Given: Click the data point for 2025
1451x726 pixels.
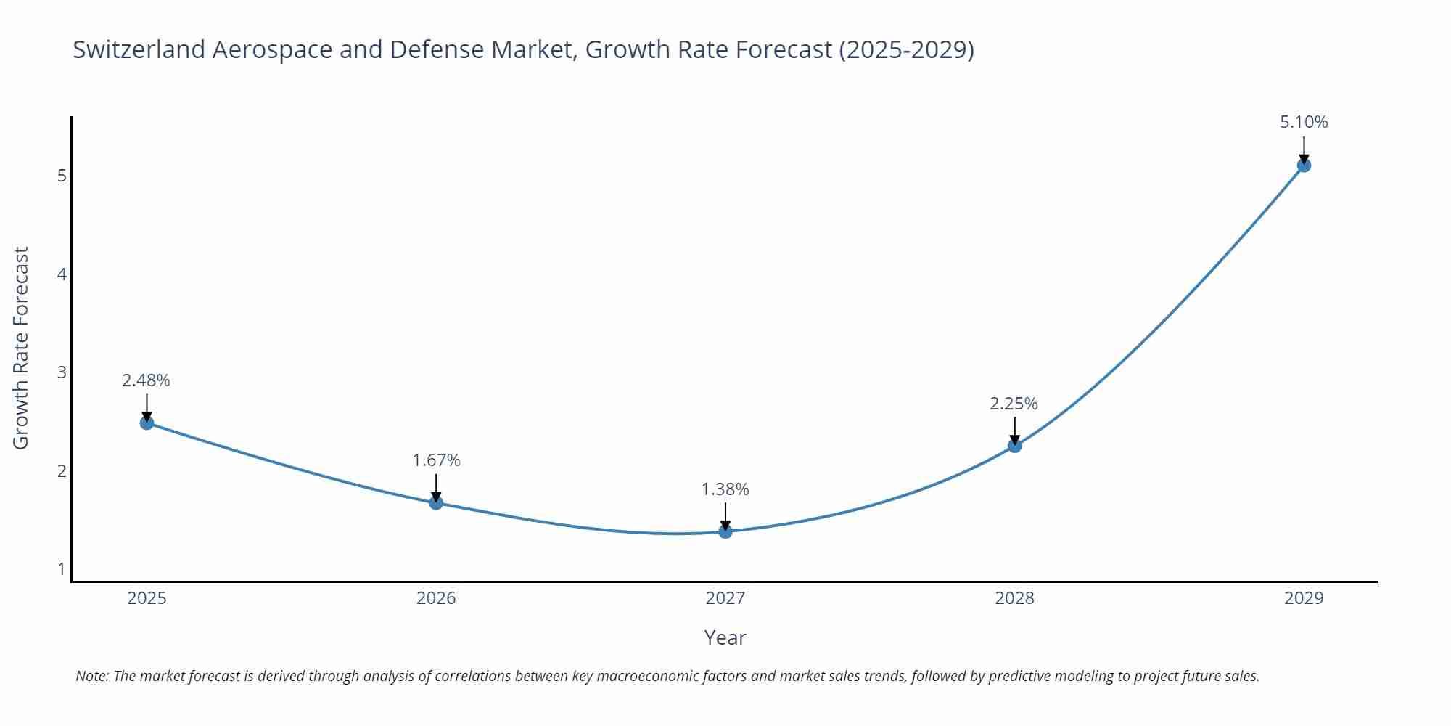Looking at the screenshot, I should coord(147,423).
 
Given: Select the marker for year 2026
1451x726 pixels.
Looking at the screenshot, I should coord(436,502).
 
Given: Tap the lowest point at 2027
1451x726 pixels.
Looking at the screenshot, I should coord(725,531).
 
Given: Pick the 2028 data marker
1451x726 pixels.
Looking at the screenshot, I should coord(1014,446).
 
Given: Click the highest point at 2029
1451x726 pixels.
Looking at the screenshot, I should coord(1304,166).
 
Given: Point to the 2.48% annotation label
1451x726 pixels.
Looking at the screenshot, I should coord(146,380).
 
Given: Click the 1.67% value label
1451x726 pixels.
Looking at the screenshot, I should coord(436,460).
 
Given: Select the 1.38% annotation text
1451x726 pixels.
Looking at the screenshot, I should coord(725,489).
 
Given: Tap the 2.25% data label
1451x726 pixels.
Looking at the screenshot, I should coord(1014,404).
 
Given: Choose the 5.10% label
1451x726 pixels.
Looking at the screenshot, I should coord(1304,122).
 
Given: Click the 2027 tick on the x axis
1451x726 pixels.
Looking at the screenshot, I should coord(725,598).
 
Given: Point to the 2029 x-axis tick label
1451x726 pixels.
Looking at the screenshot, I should coord(1304,598).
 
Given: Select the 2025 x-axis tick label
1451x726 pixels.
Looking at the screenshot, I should coord(147,598).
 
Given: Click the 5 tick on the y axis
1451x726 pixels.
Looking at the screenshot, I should coord(62,176).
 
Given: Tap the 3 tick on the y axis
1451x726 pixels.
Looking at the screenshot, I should coord(62,372).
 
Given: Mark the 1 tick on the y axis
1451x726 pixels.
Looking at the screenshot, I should coord(62,568).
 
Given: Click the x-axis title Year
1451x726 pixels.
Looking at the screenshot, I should coord(725,637).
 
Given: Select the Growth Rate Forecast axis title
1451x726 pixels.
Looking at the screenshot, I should coord(21,348).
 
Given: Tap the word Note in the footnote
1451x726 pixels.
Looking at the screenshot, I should coord(91,676).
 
